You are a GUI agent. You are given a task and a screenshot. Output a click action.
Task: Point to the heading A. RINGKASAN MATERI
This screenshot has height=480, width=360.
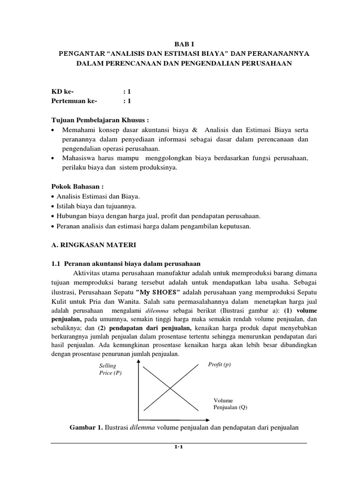[92, 245]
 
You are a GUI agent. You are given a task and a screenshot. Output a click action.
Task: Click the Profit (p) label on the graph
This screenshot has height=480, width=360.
[219, 364]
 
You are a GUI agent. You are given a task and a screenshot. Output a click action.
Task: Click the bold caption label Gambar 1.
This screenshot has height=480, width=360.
[86, 427]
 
